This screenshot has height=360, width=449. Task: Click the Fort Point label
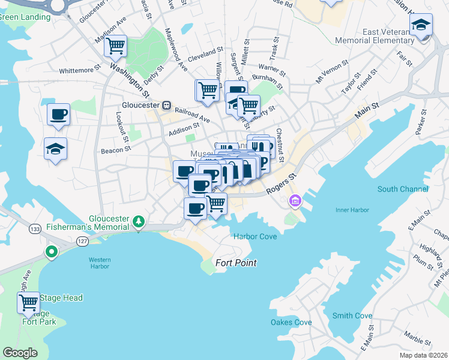[237, 263]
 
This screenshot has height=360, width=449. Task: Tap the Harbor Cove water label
[255, 236]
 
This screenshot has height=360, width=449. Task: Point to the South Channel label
[403, 189]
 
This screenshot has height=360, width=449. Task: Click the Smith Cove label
[352, 316]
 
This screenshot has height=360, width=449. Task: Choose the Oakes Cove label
[291, 322]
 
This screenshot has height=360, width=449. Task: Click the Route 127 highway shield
[81, 241]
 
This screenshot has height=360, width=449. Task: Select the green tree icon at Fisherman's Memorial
[139, 222]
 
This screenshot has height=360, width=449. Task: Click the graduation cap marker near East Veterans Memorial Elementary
[421, 25]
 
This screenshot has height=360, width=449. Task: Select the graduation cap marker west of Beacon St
[56, 149]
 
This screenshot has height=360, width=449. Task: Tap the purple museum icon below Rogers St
[294, 200]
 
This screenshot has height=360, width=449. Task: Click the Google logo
[20, 352]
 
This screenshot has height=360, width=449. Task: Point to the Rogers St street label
[282, 184]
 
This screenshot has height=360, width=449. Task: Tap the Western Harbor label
[100, 263]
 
